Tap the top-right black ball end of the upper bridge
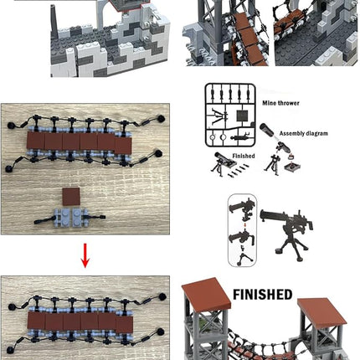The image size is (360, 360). click(x=159, y=118)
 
